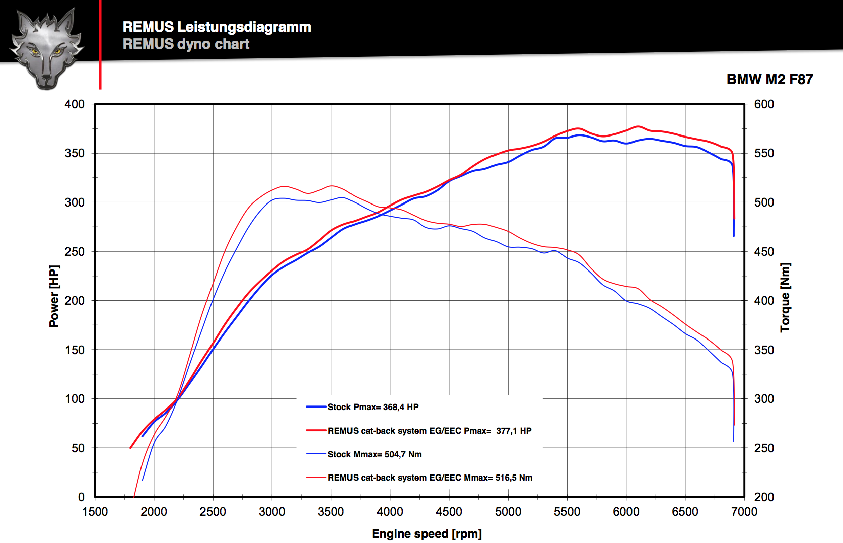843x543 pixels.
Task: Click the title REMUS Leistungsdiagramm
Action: click(x=217, y=27)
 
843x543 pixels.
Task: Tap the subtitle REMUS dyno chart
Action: click(x=186, y=44)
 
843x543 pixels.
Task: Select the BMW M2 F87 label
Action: click(x=769, y=79)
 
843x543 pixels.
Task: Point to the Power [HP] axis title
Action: click(x=54, y=296)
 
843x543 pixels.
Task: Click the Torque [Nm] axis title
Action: click(x=785, y=297)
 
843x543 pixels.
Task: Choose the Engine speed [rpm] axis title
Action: click(x=427, y=534)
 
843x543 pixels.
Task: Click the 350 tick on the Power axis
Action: click(x=75, y=153)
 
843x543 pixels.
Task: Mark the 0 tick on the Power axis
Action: click(x=81, y=497)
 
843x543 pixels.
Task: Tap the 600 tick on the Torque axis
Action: click(x=764, y=104)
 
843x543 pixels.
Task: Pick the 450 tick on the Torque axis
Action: click(x=764, y=251)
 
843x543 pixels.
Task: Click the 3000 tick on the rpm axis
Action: click(x=272, y=512)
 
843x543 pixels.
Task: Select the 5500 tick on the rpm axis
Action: click(x=567, y=512)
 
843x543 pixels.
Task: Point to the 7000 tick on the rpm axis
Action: click(x=744, y=512)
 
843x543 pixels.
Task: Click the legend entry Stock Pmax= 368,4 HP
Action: click(x=373, y=407)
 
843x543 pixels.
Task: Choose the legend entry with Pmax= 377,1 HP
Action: click(x=429, y=431)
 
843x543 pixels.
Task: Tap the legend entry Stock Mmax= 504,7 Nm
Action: click(x=374, y=454)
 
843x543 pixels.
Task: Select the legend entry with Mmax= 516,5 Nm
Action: click(x=430, y=478)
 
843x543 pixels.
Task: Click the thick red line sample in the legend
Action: click(x=316, y=431)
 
